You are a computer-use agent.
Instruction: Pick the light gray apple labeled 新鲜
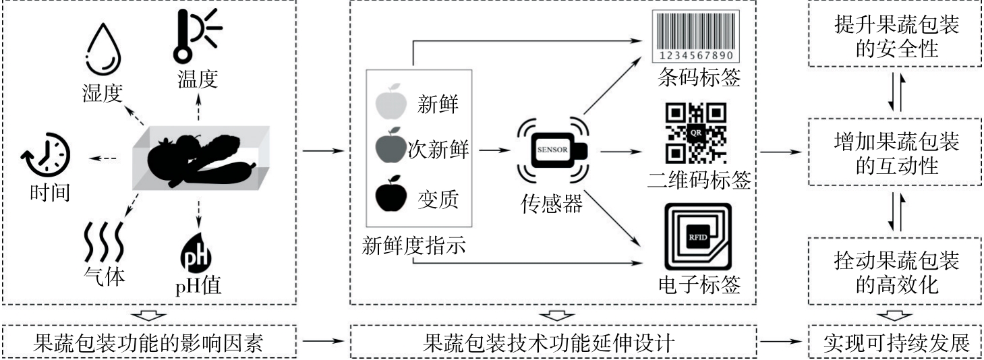(x=388, y=102)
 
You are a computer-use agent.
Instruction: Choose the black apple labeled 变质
(x=388, y=195)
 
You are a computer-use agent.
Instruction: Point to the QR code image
(x=696, y=133)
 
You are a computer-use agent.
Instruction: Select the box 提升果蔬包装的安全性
(x=896, y=37)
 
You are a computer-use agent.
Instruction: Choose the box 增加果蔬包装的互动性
(x=896, y=153)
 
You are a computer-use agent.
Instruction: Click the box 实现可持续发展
(x=896, y=344)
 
